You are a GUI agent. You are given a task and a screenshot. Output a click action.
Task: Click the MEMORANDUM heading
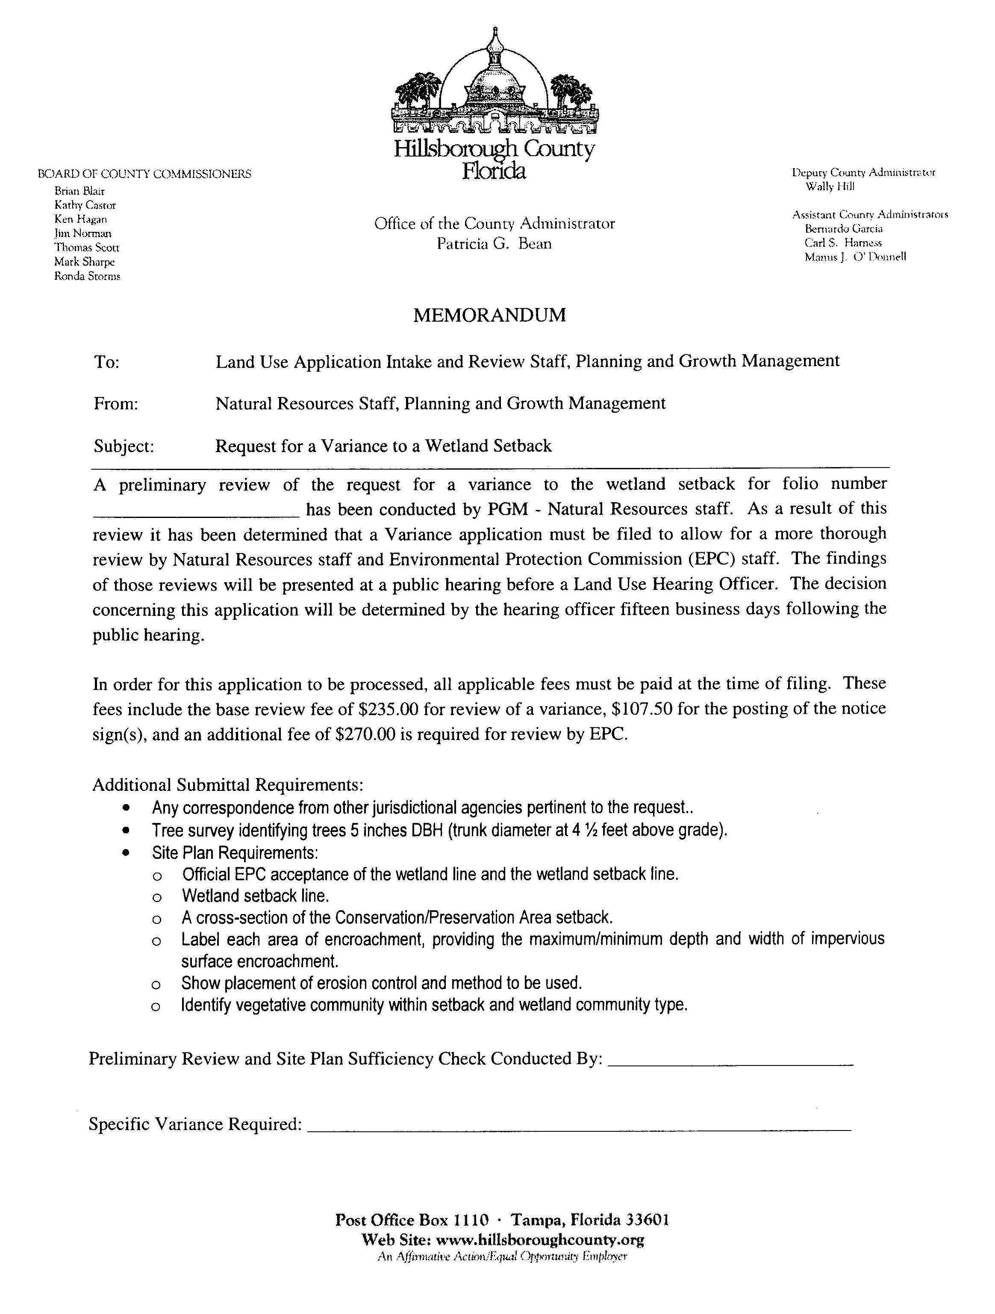click(489, 315)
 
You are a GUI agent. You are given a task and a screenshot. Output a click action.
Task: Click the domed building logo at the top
click(494, 86)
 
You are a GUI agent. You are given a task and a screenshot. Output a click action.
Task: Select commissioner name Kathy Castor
click(85, 205)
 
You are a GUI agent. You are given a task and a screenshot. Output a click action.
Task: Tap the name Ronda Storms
click(87, 276)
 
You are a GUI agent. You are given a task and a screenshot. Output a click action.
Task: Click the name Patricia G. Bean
click(494, 243)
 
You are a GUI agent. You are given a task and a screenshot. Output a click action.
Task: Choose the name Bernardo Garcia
click(844, 229)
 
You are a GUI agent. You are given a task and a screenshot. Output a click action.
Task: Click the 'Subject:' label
click(124, 446)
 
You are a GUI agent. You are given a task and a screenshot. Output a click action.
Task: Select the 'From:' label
click(116, 404)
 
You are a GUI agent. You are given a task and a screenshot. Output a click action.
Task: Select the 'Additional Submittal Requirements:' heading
click(227, 785)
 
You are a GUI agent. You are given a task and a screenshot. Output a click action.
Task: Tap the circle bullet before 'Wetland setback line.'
click(156, 897)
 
